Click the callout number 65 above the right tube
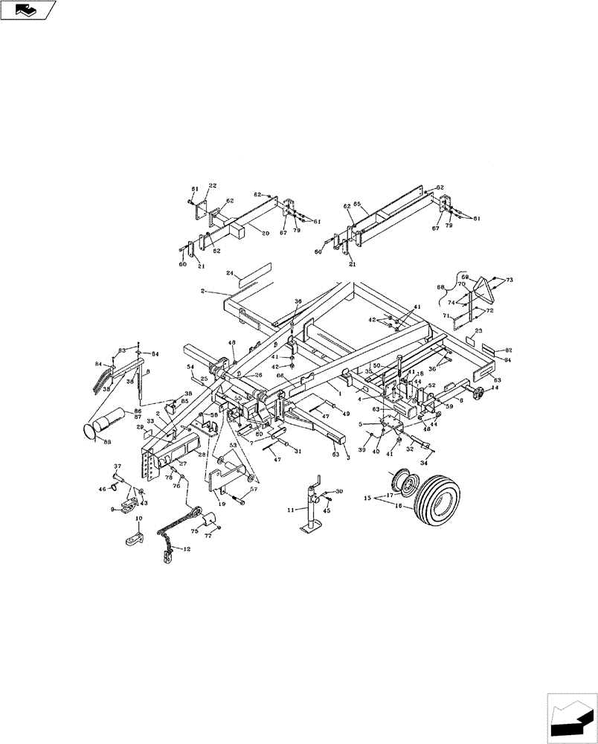pyautogui.click(x=357, y=203)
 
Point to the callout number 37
pyautogui.click(x=117, y=467)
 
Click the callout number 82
pyautogui.click(x=508, y=349)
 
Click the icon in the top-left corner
pyautogui.click(x=28, y=10)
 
